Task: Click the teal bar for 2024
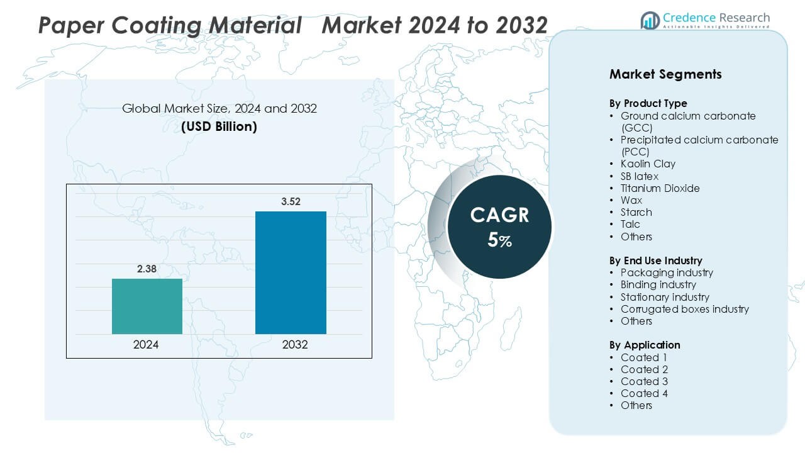147,306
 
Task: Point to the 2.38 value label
147,269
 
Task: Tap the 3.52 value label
291,202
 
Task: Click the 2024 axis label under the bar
146,345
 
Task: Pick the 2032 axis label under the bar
295,345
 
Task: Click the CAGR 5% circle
499,227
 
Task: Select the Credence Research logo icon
650,20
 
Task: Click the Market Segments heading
665,74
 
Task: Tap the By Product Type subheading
648,103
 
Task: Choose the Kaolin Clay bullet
648,164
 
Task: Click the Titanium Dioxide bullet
660,188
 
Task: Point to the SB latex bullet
639,176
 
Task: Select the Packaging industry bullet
667,272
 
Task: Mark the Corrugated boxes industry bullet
684,309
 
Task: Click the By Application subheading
645,345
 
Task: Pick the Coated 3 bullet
644,381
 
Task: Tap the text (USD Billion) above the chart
219,126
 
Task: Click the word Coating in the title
157,25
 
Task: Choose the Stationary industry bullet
665,297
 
